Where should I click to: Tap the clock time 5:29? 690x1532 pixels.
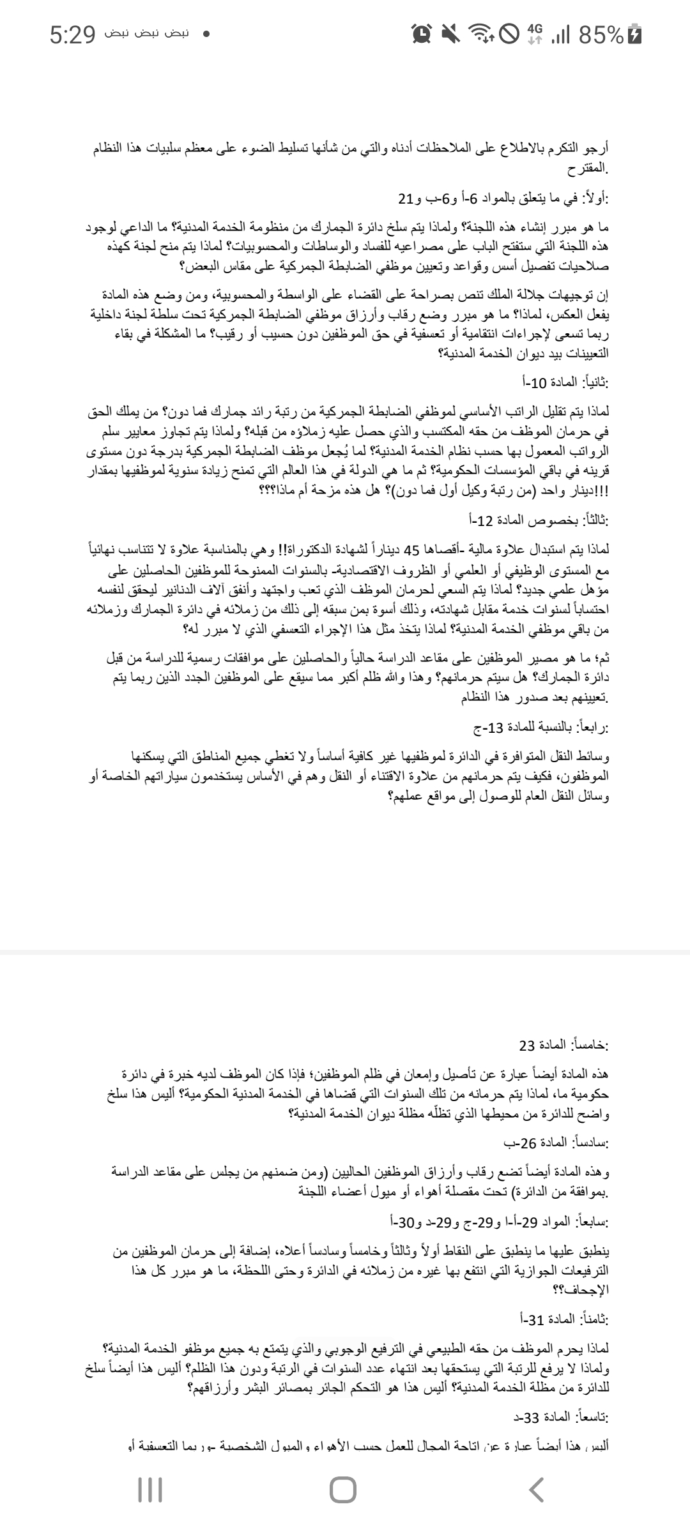pos(72,36)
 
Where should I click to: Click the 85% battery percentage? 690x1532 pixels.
pos(600,36)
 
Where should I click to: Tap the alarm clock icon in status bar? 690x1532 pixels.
pos(422,36)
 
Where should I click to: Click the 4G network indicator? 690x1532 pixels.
pos(535,35)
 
